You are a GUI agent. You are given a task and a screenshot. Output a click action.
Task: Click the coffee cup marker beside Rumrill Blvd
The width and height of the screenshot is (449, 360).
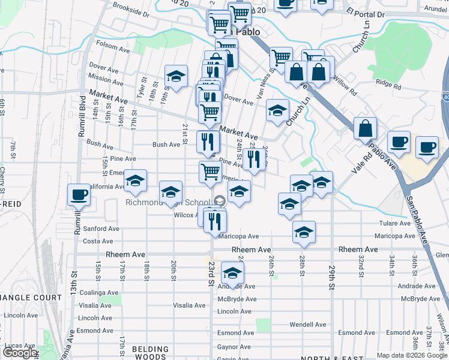coord(79,195)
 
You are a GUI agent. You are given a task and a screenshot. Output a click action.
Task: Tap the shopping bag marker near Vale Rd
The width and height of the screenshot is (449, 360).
coord(365,128)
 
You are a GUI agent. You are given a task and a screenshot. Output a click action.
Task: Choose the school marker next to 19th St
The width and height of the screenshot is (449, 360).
coord(176,77)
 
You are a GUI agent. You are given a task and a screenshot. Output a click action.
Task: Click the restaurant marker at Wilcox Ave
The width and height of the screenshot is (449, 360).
coord(214,221)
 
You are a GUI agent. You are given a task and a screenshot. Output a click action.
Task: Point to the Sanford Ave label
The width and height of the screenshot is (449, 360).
coord(101,229)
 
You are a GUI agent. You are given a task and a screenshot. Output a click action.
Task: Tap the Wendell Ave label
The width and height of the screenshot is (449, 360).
coord(307,324)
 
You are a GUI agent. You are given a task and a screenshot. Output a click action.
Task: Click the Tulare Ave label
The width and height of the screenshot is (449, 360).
coord(394,223)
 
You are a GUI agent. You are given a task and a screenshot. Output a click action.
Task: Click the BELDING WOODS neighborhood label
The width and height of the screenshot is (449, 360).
coord(151,353)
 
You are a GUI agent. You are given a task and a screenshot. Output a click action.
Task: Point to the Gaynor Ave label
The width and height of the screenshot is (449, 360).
coord(234,347)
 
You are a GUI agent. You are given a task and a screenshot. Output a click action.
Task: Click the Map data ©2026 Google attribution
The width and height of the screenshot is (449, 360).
coord(412,355)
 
